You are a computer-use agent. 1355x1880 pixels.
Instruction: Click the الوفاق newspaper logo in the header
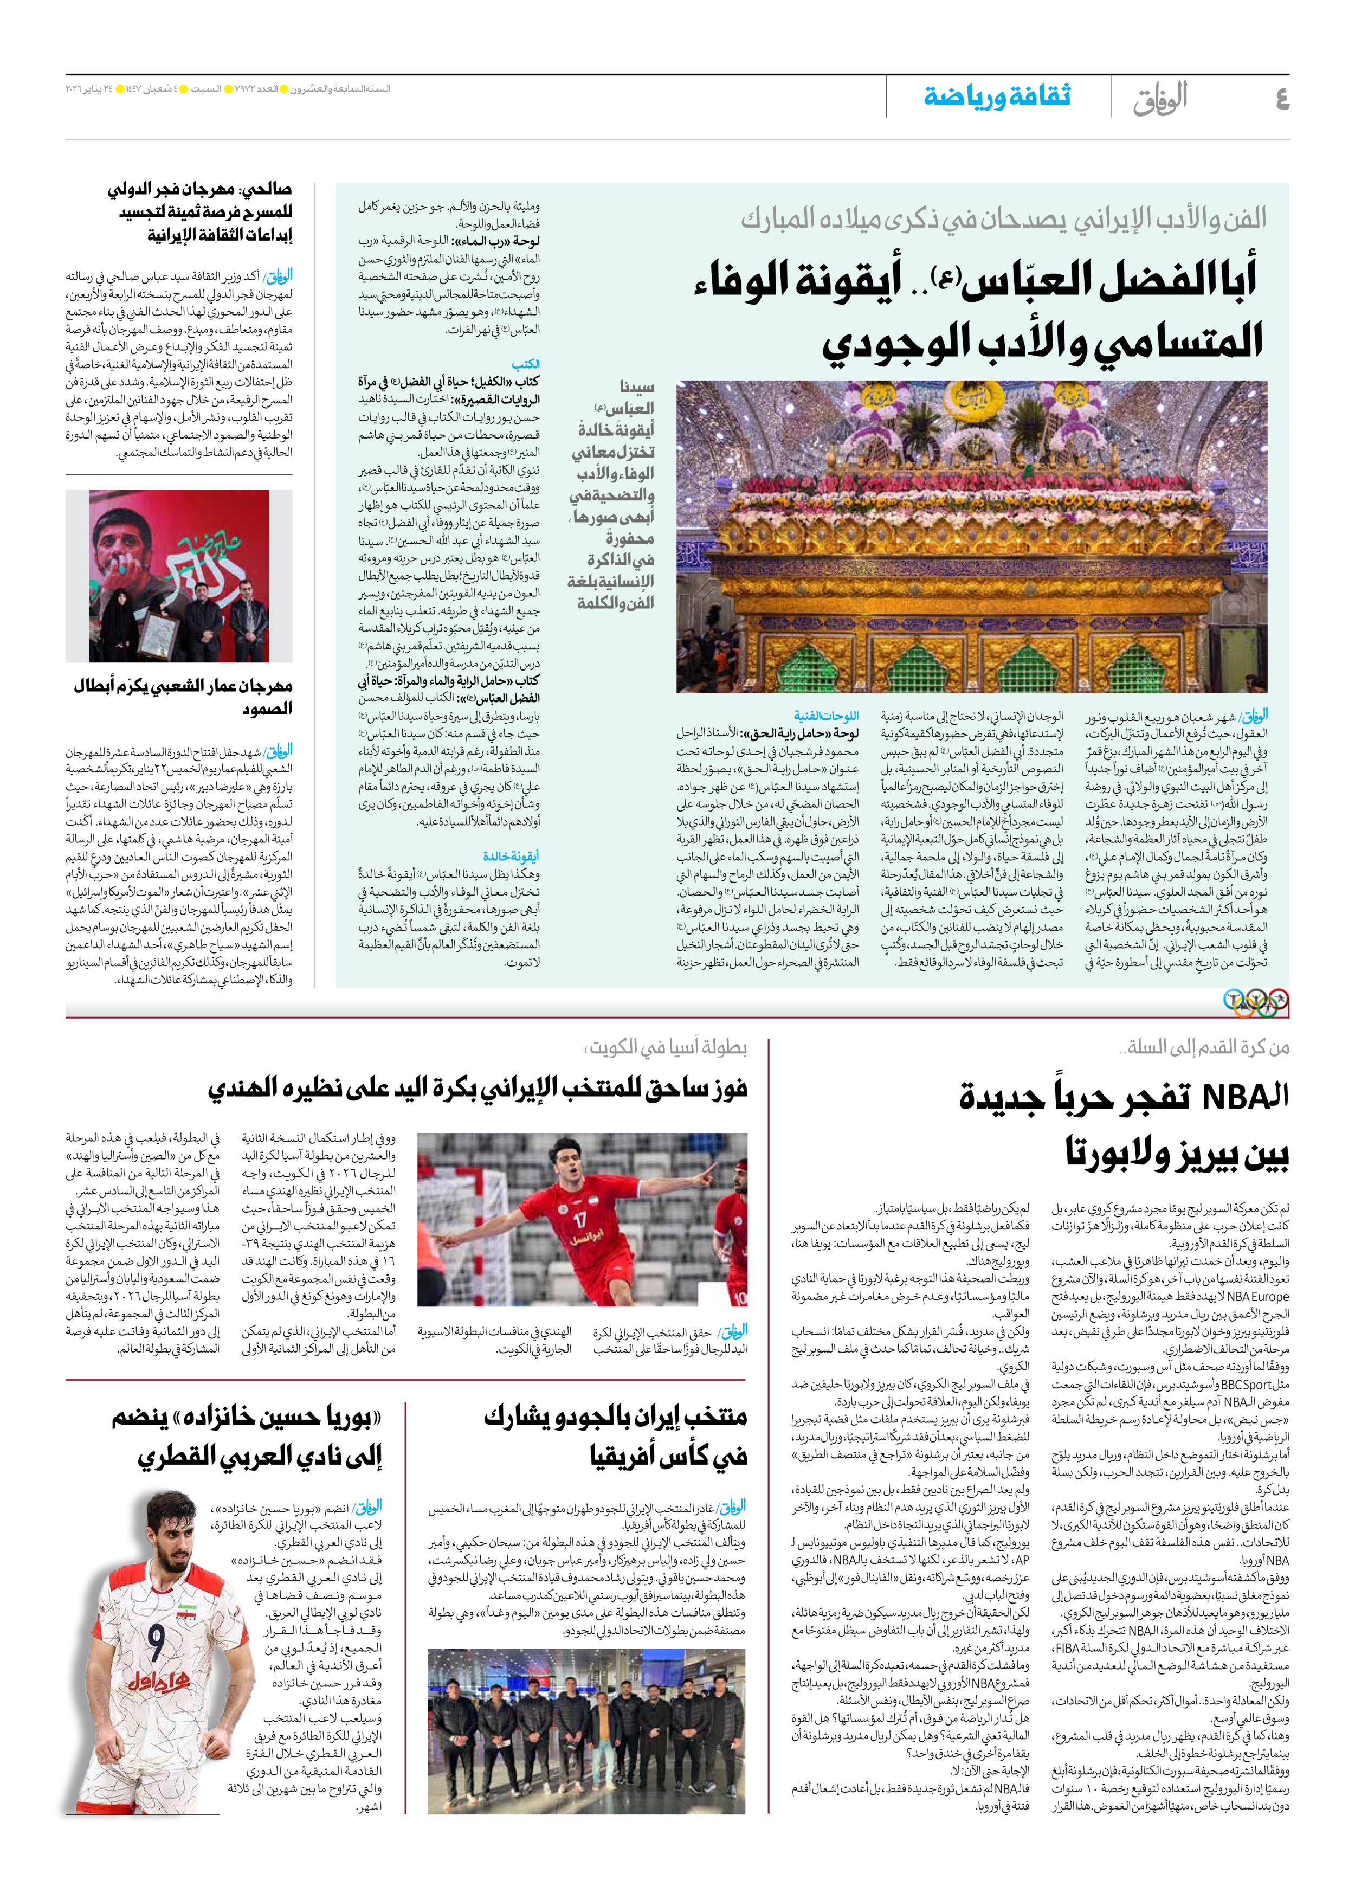[x=1160, y=98]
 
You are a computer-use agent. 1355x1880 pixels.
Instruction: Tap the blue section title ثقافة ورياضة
[x=997, y=96]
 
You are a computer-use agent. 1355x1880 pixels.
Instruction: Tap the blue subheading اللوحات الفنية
[x=825, y=716]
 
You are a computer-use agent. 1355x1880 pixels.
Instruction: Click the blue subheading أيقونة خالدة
[x=511, y=857]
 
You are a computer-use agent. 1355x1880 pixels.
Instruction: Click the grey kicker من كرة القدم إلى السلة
[x=1203, y=1048]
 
